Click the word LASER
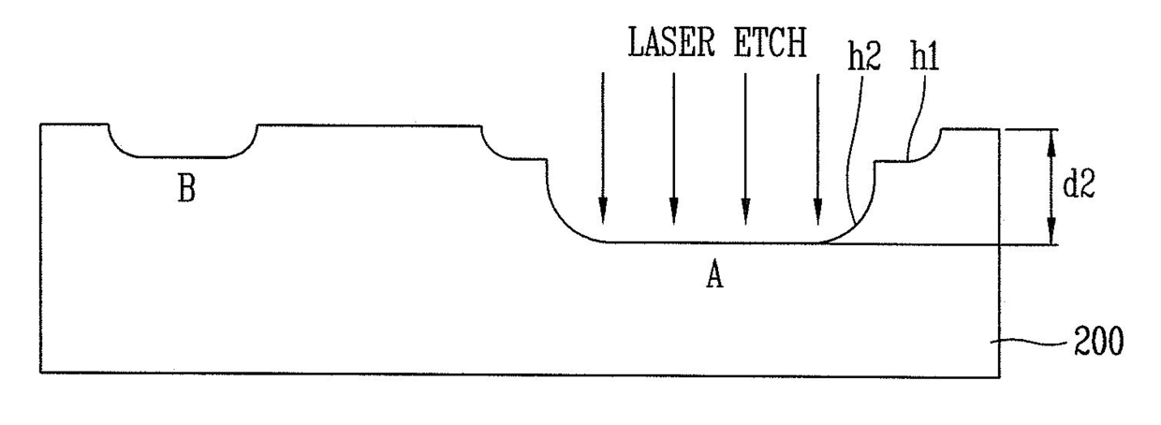(x=671, y=41)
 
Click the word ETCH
(x=771, y=41)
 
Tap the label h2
(x=864, y=56)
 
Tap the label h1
(x=925, y=56)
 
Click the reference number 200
(x=1099, y=341)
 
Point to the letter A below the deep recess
(x=714, y=274)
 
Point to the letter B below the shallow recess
(x=186, y=188)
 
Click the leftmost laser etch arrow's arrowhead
(x=603, y=211)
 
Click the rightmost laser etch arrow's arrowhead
(x=818, y=212)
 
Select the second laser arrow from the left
(x=674, y=148)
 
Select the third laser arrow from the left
(x=745, y=148)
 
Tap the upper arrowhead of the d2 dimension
(x=1051, y=142)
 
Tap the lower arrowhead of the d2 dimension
(x=1051, y=230)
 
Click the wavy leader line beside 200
(x=1029, y=343)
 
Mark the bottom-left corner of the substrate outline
(x=41, y=373)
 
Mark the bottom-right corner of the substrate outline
(x=999, y=377)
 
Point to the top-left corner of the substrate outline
(x=41, y=125)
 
